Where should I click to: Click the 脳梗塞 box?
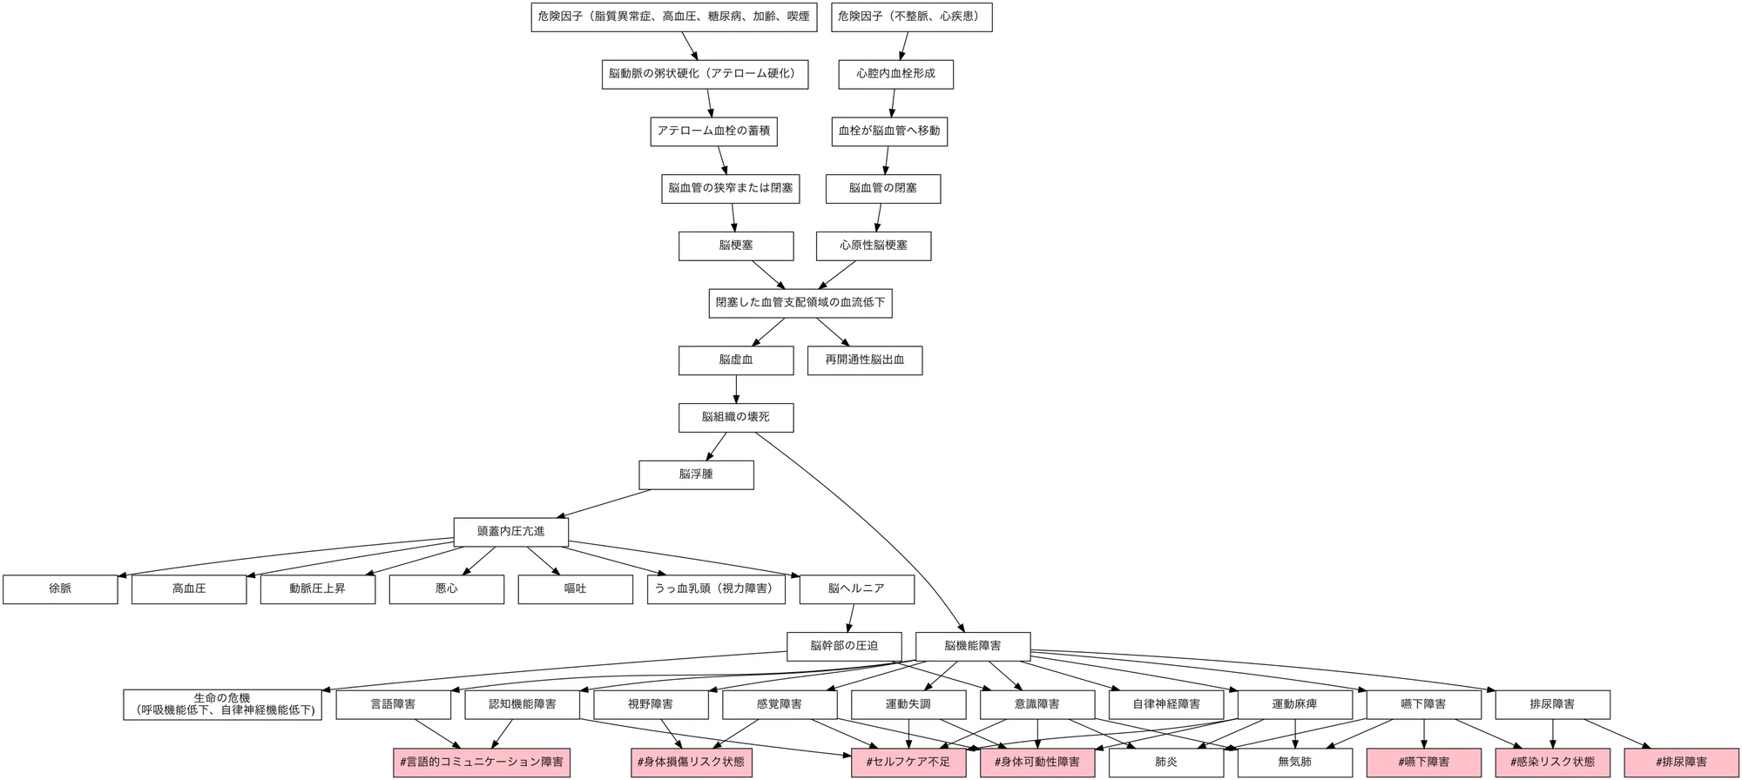click(x=736, y=245)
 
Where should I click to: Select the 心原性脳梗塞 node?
click(x=874, y=245)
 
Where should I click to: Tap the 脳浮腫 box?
click(x=696, y=474)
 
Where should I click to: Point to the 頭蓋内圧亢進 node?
click(x=511, y=532)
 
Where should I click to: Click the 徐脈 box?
click(x=60, y=589)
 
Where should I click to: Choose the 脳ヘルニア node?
click(x=856, y=589)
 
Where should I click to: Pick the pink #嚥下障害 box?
click(x=1424, y=763)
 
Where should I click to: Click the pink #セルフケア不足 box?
click(x=908, y=763)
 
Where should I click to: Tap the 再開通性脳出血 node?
click(x=865, y=360)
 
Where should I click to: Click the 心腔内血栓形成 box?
click(x=896, y=74)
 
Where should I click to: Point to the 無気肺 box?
click(x=1295, y=763)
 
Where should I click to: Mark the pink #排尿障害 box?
click(x=1682, y=763)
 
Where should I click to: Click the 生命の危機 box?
click(x=223, y=705)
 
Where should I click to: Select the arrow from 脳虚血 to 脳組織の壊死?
click(x=736, y=389)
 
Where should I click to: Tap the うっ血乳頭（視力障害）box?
click(x=716, y=589)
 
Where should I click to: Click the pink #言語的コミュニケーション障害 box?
click(x=482, y=763)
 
